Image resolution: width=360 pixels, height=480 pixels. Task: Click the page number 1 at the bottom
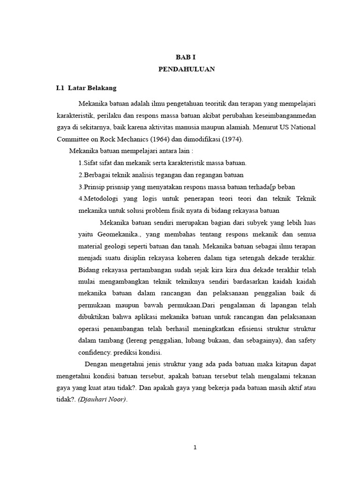(x=195, y=447)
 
